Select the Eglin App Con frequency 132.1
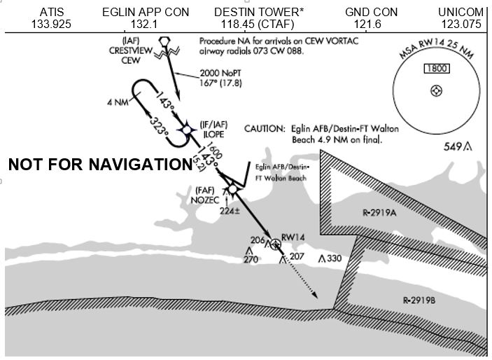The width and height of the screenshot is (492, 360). [146, 25]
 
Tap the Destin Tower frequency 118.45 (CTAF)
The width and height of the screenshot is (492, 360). [253, 25]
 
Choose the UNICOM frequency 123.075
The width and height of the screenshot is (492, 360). [461, 25]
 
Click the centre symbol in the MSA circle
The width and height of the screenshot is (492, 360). [436, 91]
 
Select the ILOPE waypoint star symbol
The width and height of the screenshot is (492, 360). [188, 129]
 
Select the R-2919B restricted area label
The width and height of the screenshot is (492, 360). [420, 300]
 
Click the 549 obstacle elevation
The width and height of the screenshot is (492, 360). [454, 146]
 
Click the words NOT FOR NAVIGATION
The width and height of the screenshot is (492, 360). [99, 165]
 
